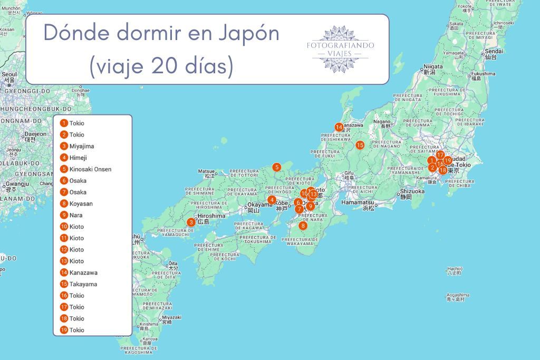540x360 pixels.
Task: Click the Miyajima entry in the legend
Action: [81, 146]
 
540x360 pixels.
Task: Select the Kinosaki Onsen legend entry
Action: [90, 169]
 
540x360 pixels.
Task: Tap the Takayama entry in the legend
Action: [82, 284]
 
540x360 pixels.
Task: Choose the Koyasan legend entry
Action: [81, 203]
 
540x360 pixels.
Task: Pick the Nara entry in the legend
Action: [76, 215]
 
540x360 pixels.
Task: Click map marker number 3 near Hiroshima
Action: [191, 222]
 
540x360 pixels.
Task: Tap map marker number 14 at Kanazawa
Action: [339, 127]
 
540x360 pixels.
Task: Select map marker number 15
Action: [360, 145]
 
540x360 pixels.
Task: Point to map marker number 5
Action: [277, 168]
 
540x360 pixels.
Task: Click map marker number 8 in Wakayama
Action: [303, 226]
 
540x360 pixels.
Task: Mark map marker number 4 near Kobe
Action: [272, 200]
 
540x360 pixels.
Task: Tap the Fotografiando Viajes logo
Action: [340, 48]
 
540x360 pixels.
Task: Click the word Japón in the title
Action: [247, 34]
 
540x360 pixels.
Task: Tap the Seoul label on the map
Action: [9, 75]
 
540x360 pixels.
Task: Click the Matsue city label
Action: [206, 171]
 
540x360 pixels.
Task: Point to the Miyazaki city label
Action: [171, 317]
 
